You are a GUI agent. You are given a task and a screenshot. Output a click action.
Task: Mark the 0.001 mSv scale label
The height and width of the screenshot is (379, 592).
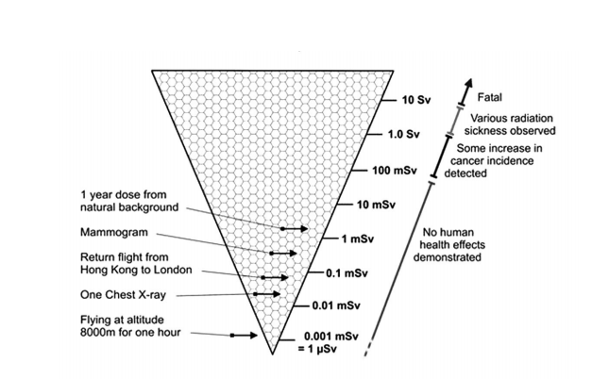pos(327,337)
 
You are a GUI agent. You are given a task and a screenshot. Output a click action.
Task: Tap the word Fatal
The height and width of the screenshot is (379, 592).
pos(489,96)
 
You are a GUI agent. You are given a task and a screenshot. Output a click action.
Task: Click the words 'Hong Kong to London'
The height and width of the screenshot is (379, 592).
pos(136,270)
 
